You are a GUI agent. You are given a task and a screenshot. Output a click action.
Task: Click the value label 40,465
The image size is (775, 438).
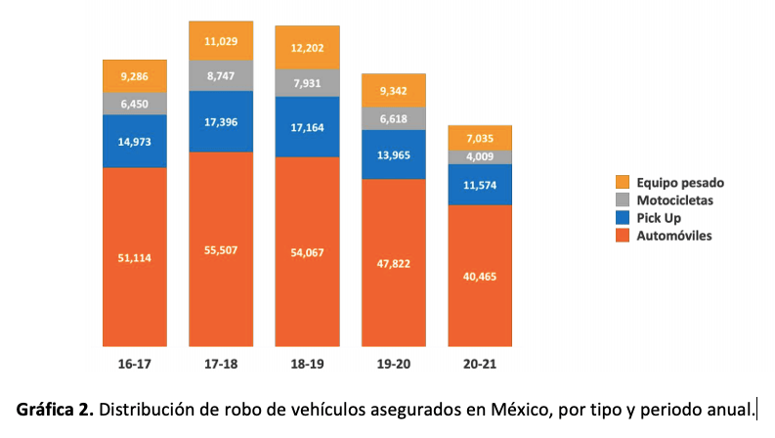(x=480, y=276)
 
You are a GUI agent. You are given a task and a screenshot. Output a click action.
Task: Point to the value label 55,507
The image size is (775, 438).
(x=221, y=250)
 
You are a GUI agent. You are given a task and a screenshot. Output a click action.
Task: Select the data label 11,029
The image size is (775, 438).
(x=221, y=40)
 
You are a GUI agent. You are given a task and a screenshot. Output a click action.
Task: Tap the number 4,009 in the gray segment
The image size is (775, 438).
(x=480, y=156)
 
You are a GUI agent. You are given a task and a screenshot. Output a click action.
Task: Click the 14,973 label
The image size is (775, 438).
(x=135, y=140)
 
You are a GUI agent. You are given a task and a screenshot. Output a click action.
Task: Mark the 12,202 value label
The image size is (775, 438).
(x=308, y=47)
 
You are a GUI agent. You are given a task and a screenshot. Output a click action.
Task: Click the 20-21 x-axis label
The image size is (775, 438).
(x=480, y=363)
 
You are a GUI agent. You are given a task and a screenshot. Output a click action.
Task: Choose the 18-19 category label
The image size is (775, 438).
(x=308, y=363)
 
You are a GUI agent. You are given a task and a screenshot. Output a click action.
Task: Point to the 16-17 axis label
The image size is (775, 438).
(x=135, y=363)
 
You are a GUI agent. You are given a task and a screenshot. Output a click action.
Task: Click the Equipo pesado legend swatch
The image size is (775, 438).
(x=623, y=183)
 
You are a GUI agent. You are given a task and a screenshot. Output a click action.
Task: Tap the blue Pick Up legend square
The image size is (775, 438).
(x=623, y=218)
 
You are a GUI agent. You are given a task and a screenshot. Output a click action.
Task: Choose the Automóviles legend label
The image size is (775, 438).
(x=674, y=236)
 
